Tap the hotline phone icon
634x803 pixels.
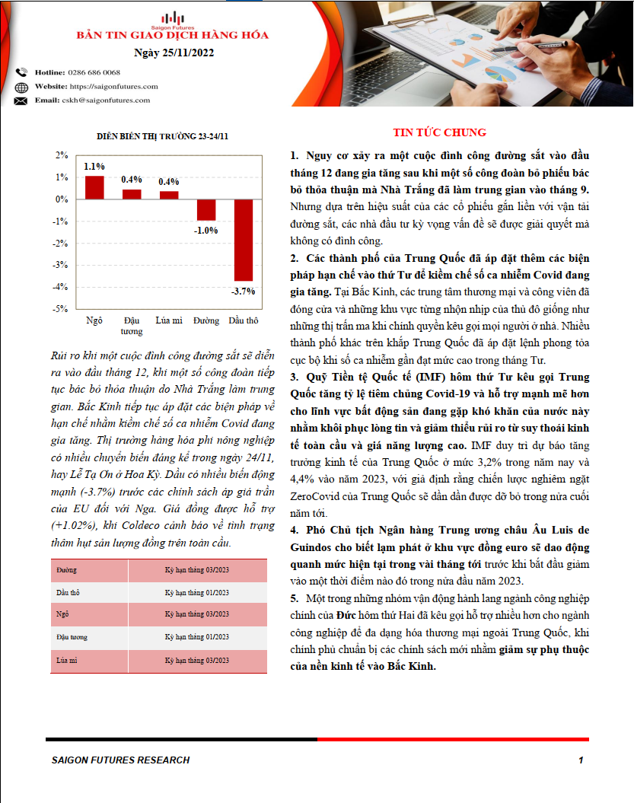coord(21,72)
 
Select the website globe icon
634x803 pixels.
coord(21,87)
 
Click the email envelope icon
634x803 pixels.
coord(21,100)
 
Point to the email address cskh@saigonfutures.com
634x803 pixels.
coord(106,100)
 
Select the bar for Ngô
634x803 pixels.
coord(94,187)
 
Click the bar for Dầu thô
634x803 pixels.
coord(243,240)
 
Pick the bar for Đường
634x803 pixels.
coord(205,210)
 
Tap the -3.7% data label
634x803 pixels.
coord(244,291)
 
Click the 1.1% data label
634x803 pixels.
coord(94,166)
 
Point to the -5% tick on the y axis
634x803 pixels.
coord(61,309)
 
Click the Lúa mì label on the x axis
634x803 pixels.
coord(168,320)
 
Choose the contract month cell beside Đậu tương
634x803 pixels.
coord(197,637)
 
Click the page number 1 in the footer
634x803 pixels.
coord(581,760)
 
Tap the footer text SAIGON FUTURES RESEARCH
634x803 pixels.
coord(120,760)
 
